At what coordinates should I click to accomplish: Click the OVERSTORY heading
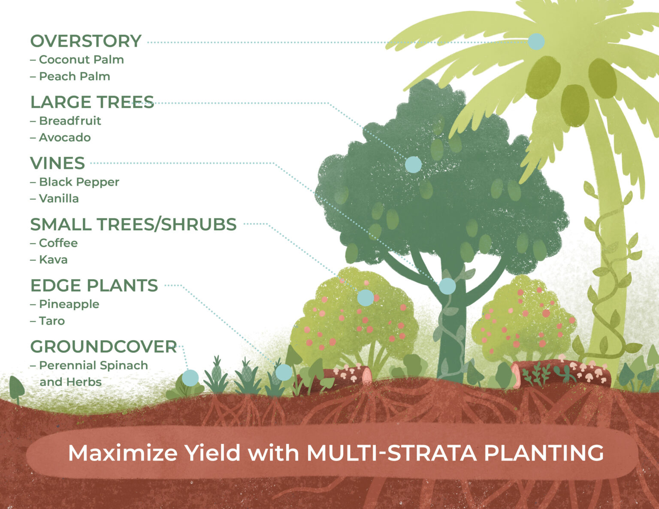tap(86, 41)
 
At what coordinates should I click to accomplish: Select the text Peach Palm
tap(74, 76)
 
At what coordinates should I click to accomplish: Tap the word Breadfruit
tap(70, 121)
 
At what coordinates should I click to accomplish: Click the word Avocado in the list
tap(65, 138)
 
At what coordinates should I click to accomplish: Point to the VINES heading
tap(57, 163)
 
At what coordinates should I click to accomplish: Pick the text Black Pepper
tap(79, 182)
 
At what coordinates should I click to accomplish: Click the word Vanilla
tap(59, 199)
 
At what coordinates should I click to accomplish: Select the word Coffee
tap(58, 243)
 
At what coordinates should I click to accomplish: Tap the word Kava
tap(53, 260)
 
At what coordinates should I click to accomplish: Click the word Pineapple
tap(69, 304)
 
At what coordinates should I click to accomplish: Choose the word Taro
tap(52, 321)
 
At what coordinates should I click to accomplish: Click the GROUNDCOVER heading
tap(103, 347)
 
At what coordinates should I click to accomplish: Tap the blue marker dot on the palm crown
tap(536, 42)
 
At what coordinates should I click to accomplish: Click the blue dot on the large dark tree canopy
tap(413, 164)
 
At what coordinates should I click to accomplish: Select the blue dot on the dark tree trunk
tap(447, 286)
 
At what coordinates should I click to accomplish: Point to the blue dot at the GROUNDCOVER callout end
tap(190, 378)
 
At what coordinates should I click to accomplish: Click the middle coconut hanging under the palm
tap(574, 105)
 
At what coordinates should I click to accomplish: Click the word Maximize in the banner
tap(122, 453)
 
